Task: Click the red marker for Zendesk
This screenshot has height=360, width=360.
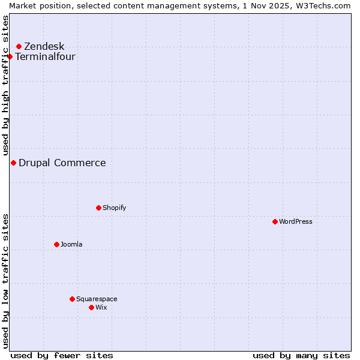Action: (19, 46)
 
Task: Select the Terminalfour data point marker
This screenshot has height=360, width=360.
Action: (10, 57)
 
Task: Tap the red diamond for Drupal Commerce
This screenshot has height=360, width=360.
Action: (13, 163)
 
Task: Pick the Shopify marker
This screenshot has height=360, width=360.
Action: (98, 208)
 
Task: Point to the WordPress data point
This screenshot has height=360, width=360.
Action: (275, 221)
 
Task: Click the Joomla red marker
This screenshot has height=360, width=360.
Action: (56, 244)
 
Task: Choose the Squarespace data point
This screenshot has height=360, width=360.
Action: (72, 299)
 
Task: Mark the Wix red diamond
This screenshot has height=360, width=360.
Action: (91, 307)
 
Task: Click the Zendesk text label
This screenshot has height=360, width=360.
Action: (44, 47)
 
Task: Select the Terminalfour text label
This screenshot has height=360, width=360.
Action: (45, 57)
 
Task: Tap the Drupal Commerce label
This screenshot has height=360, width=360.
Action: (62, 163)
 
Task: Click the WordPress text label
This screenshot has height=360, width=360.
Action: (295, 221)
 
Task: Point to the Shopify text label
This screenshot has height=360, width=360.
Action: (114, 208)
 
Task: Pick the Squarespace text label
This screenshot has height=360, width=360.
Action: (97, 299)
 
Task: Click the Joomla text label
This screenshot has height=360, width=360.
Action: (71, 244)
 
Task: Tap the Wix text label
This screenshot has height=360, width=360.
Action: (101, 307)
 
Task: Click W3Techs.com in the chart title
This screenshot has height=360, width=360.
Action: (322, 5)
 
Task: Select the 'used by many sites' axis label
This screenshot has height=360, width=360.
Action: (301, 355)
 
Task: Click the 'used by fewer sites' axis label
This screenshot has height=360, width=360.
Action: (62, 355)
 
